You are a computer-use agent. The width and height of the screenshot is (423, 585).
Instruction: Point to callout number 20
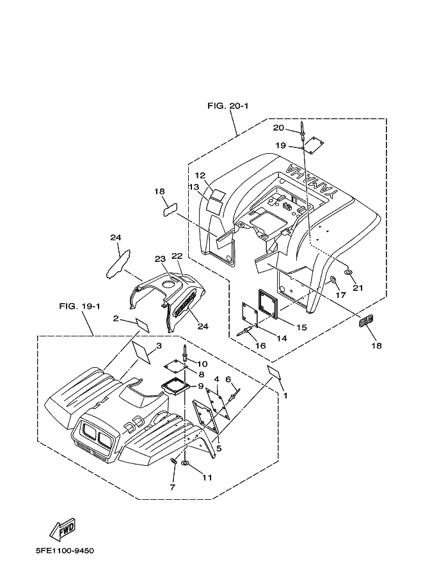tap(279, 128)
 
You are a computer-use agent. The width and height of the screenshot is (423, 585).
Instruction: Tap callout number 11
tap(207, 477)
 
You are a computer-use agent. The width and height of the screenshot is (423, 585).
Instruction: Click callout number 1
tap(285, 395)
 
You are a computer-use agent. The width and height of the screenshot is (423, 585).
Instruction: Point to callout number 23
tap(160, 259)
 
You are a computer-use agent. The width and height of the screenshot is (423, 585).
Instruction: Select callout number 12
tap(200, 176)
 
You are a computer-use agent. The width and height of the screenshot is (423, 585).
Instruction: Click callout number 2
tap(116, 318)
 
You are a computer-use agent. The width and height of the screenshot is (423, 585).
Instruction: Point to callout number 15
tap(301, 327)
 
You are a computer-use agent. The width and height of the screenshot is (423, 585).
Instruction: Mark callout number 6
tap(228, 379)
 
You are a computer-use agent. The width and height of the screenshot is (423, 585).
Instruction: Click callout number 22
tap(177, 256)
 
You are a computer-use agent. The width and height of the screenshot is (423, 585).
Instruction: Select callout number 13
tap(194, 186)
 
